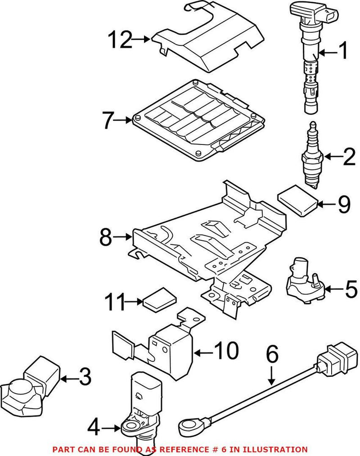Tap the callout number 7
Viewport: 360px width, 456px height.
coord(107,120)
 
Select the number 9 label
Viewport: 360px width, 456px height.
coord(343,205)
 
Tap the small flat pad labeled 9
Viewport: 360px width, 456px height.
coord(297,199)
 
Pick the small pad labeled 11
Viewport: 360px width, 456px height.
coord(159,301)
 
